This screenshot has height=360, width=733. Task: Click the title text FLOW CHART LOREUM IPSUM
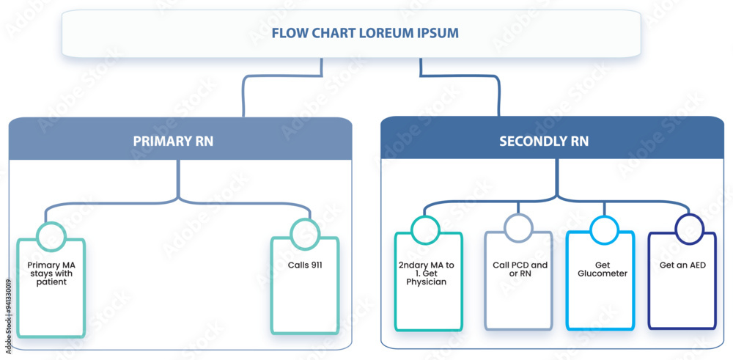coord(355,33)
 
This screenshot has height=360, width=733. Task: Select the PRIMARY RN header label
coord(173,141)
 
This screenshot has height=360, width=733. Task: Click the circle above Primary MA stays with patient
coord(51,236)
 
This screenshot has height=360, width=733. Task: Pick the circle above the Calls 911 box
coord(305,234)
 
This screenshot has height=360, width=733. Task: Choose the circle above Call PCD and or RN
coord(518,228)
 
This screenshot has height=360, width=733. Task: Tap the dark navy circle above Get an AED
coord(688,229)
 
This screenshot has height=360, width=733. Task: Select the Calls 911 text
coord(305,265)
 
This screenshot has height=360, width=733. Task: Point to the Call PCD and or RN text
coord(520,269)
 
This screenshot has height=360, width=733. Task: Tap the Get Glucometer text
coord(604,269)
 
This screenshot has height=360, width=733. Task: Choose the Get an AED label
coord(682,265)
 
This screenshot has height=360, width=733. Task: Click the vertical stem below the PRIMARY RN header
coord(178,180)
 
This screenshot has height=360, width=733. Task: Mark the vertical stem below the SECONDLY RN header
coord(556,180)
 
